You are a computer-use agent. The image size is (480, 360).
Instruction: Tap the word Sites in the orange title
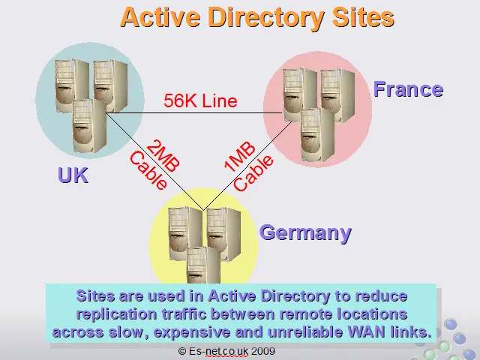tap(363, 17)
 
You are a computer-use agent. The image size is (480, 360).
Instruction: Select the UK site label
tap(73, 175)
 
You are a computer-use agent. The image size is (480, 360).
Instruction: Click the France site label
tap(408, 89)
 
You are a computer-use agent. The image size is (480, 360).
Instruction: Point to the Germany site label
tap(305, 233)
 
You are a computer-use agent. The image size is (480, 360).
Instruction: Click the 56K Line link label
tap(200, 100)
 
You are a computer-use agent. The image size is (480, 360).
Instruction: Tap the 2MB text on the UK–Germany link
tap(163, 156)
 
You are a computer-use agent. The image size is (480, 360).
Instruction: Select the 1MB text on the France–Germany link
tap(239, 157)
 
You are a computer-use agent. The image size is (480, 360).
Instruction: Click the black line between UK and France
tap(194, 113)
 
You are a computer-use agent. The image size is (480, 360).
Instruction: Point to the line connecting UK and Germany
tap(154, 162)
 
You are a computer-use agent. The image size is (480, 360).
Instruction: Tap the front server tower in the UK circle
tap(89, 126)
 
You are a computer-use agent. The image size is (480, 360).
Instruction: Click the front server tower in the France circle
tap(317, 135)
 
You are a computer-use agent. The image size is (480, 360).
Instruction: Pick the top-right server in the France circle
tap(338, 95)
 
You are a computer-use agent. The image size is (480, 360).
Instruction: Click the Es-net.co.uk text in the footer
tap(218, 351)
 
